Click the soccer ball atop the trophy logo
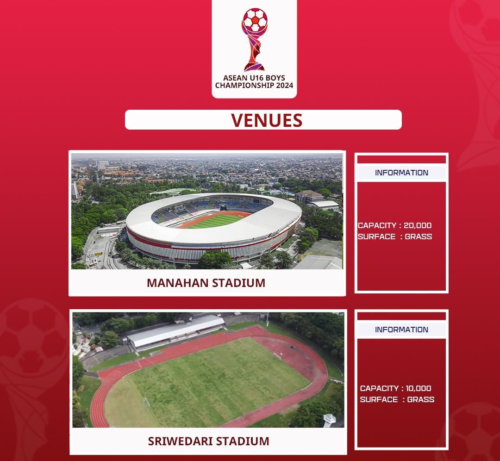click(x=255, y=20)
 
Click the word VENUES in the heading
click(x=267, y=120)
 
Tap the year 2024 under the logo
click(x=284, y=86)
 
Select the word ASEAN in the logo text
click(x=235, y=78)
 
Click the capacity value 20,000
click(x=418, y=225)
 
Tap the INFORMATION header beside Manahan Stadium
click(x=401, y=173)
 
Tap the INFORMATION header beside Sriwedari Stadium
click(x=401, y=330)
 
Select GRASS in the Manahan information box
click(x=419, y=237)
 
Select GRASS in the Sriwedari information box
click(x=420, y=399)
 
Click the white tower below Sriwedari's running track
click(x=329, y=421)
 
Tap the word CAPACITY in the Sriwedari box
click(x=379, y=388)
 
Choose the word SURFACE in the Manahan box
click(x=376, y=237)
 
